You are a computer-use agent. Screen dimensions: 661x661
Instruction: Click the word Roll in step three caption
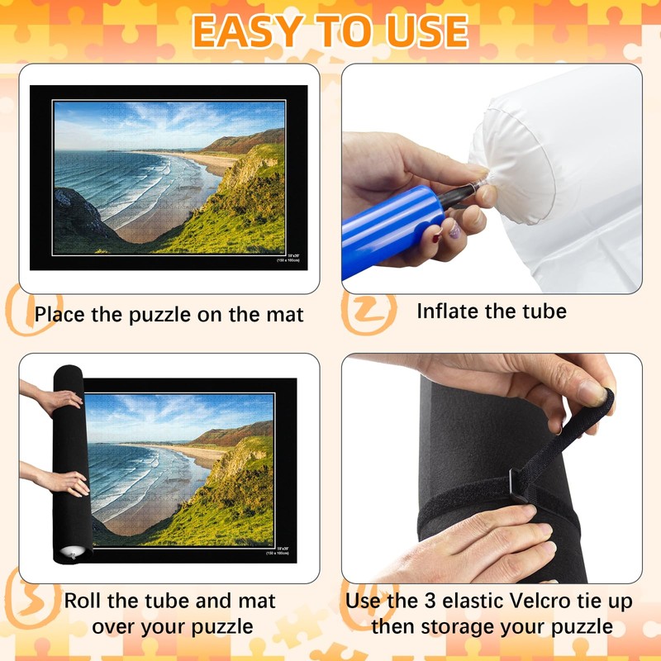tap(84, 601)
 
